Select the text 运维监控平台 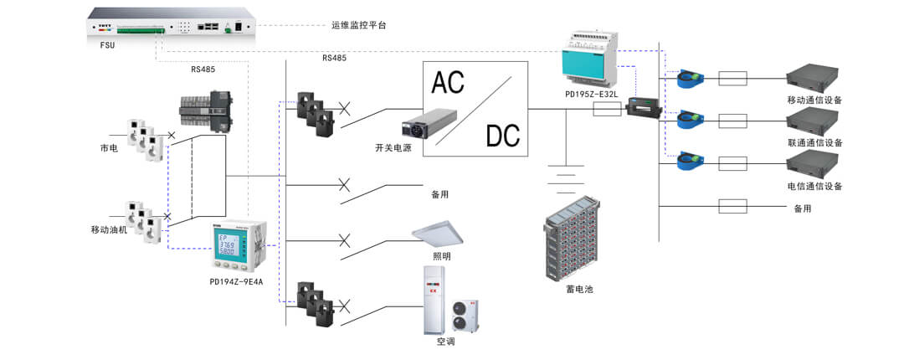[x=358, y=25]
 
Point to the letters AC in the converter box [x=449, y=81]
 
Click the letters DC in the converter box [x=501, y=135]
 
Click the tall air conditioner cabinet [x=432, y=296]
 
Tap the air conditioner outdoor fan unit [x=465, y=316]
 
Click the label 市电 [x=110, y=147]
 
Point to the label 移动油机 [x=110, y=229]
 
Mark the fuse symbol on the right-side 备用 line [x=733, y=206]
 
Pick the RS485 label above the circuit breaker [x=203, y=69]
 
